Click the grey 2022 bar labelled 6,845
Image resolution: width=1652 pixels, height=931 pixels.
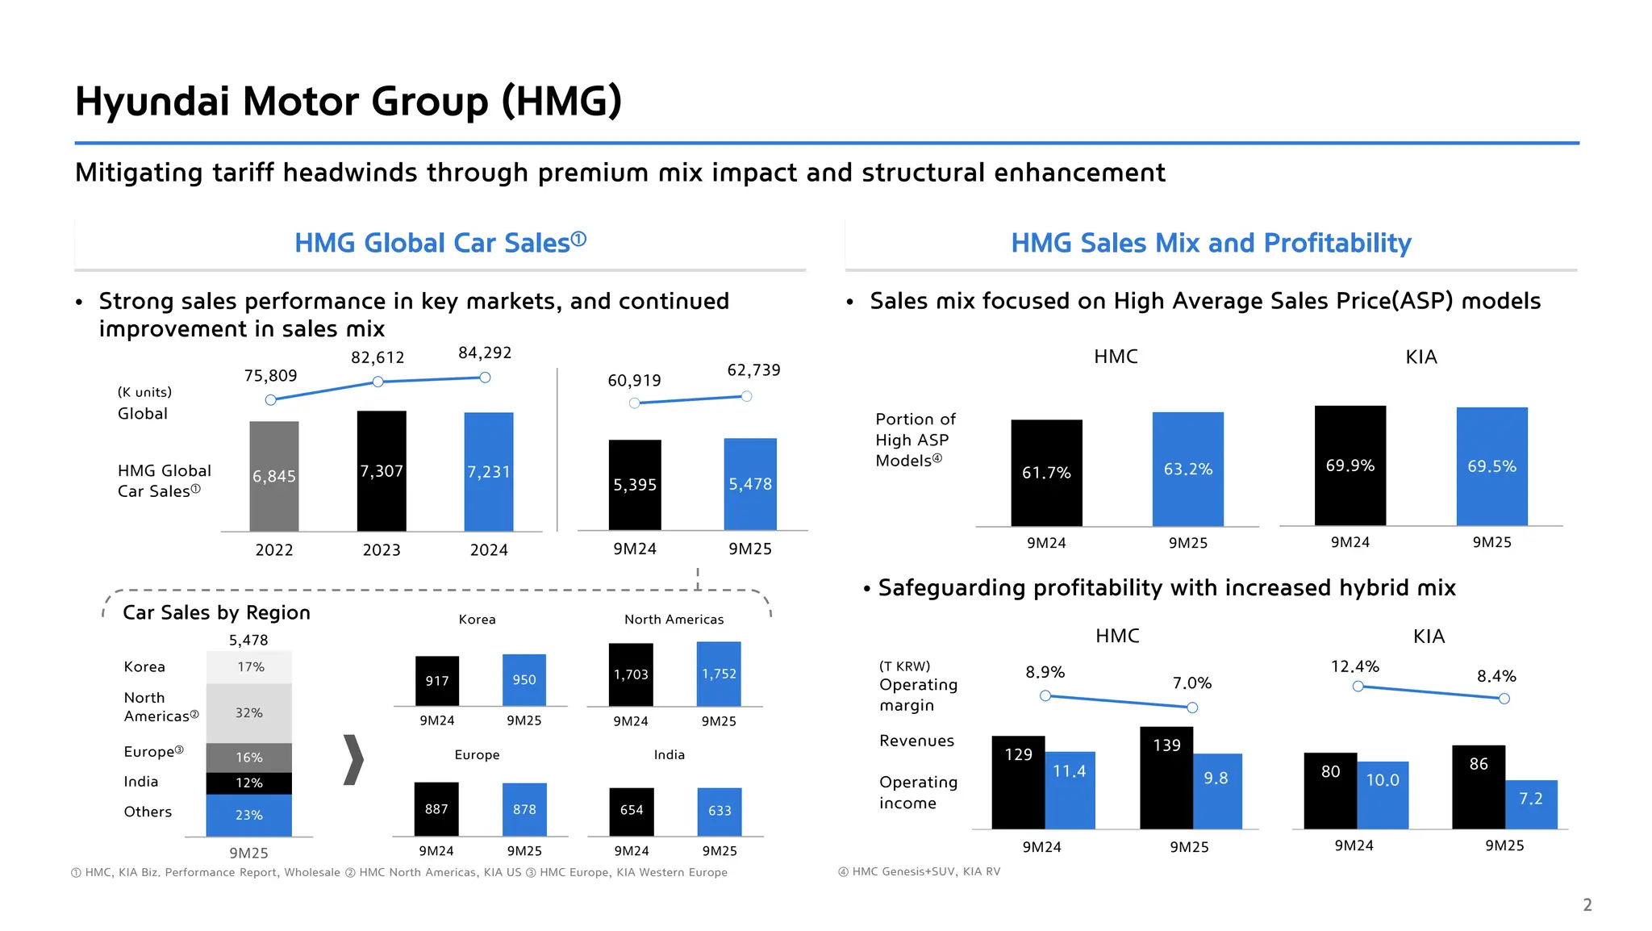274,476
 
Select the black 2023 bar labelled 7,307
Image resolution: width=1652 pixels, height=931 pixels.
382,471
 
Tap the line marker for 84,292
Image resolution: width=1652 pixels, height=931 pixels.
485,378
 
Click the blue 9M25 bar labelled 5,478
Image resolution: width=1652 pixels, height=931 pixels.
750,484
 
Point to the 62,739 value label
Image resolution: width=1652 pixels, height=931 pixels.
753,370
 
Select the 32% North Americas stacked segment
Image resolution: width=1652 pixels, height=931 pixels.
249,713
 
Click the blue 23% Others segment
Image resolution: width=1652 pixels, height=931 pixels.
249,815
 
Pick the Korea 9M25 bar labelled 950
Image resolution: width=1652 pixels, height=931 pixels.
524,680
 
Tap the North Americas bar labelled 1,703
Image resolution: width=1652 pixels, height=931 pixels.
631,674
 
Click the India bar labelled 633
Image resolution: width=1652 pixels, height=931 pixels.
720,811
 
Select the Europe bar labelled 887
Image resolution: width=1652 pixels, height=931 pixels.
436,809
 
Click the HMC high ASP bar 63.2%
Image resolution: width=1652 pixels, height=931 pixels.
1187,469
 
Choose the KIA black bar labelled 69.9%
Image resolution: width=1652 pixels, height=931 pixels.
1350,465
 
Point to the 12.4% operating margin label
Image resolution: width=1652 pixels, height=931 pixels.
1354,666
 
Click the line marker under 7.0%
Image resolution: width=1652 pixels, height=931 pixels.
1192,708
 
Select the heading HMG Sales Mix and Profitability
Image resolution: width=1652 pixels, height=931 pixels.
1211,243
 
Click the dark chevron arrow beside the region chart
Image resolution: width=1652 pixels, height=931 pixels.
353,759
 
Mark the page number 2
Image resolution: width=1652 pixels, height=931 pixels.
1587,904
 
